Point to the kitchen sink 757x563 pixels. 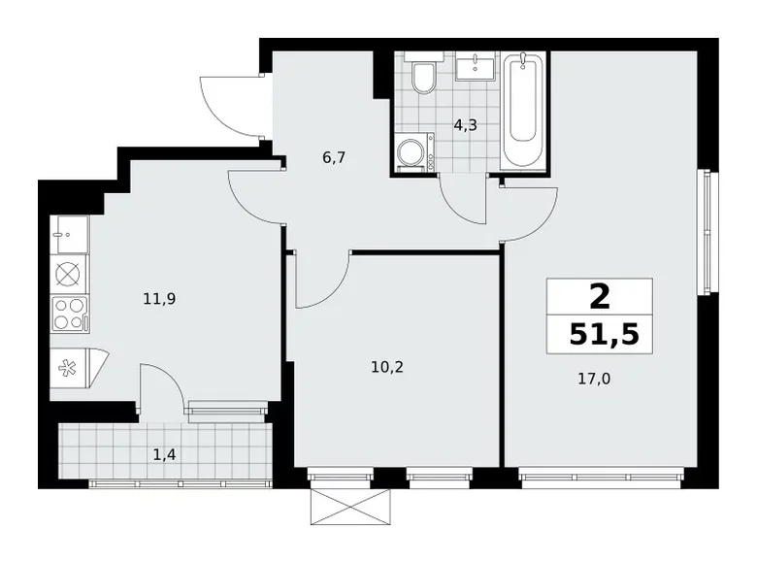[x=70, y=234]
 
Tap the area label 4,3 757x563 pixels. [x=467, y=124]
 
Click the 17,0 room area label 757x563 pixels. [x=596, y=380]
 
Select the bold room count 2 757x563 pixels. [x=599, y=294]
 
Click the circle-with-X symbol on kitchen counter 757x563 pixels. [x=68, y=274]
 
